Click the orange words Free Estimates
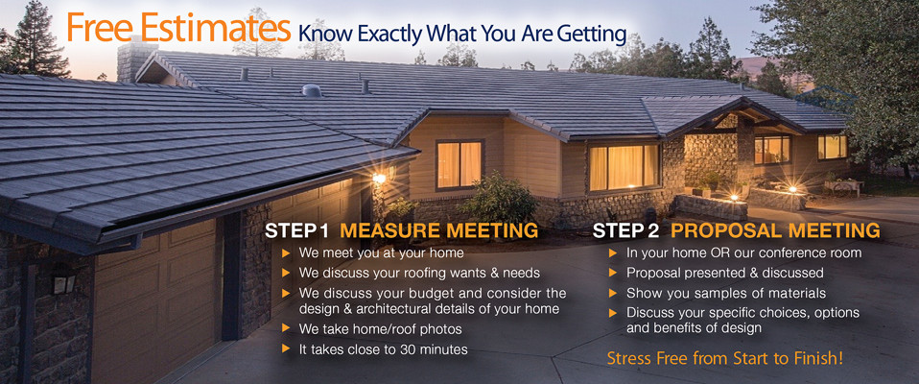click(x=178, y=27)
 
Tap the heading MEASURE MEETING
click(x=439, y=230)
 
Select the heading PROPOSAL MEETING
click(x=775, y=230)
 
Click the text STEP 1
click(x=296, y=230)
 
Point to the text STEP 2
click(x=626, y=230)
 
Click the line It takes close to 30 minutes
click(x=384, y=349)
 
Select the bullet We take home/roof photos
click(x=381, y=329)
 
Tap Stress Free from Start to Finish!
click(x=725, y=358)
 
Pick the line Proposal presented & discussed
click(x=725, y=273)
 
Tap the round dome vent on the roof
click(x=312, y=90)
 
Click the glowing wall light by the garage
click(x=379, y=178)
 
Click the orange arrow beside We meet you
click(x=286, y=253)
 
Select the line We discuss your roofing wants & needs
click(x=419, y=274)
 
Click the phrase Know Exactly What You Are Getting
click(x=462, y=34)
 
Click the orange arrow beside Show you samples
click(x=613, y=293)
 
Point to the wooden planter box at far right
click(x=843, y=187)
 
